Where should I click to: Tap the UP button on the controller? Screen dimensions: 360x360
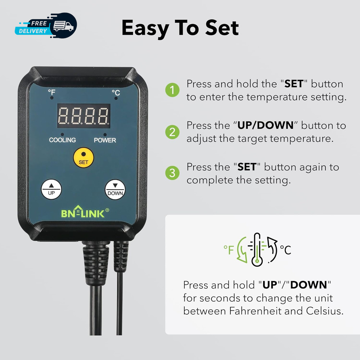pos(51,189)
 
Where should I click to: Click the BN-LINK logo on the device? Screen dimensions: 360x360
pos(83,213)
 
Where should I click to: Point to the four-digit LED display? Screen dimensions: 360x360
pos(83,116)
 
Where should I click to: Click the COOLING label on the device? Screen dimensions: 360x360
pos(62,140)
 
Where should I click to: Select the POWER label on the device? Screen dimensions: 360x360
pos(105,140)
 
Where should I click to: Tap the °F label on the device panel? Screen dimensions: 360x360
pos(52,93)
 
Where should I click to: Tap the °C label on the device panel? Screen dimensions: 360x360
pos(116,93)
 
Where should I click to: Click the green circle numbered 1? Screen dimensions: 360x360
pos(172,90)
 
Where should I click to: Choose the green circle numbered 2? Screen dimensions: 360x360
pos(172,132)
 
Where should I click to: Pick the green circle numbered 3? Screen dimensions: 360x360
pos(172,173)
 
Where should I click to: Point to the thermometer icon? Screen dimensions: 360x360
pos(257,249)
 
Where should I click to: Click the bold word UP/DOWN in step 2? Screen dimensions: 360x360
pos(265,125)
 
